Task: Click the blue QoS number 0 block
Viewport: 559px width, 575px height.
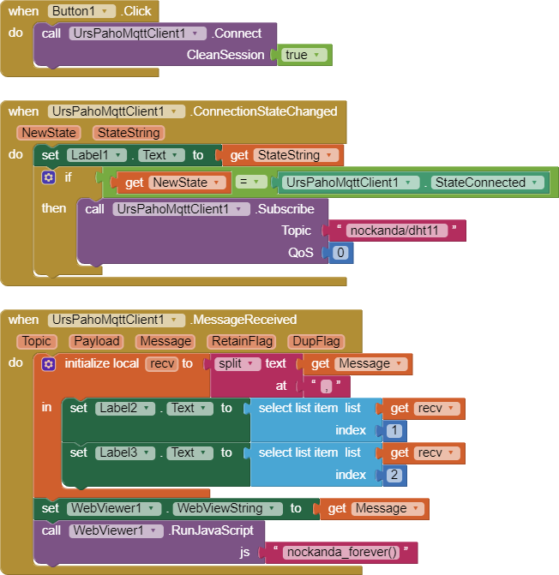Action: (340, 253)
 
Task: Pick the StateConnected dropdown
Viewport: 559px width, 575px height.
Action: (487, 183)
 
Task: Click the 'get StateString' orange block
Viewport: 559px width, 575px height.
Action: (283, 155)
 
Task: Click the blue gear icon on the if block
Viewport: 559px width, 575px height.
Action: (49, 177)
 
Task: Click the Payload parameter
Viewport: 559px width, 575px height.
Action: (96, 341)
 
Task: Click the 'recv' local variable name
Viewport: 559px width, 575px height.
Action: (160, 363)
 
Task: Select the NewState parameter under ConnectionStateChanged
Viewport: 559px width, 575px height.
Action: (48, 133)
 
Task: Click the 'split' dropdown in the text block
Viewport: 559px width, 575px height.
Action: (238, 363)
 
